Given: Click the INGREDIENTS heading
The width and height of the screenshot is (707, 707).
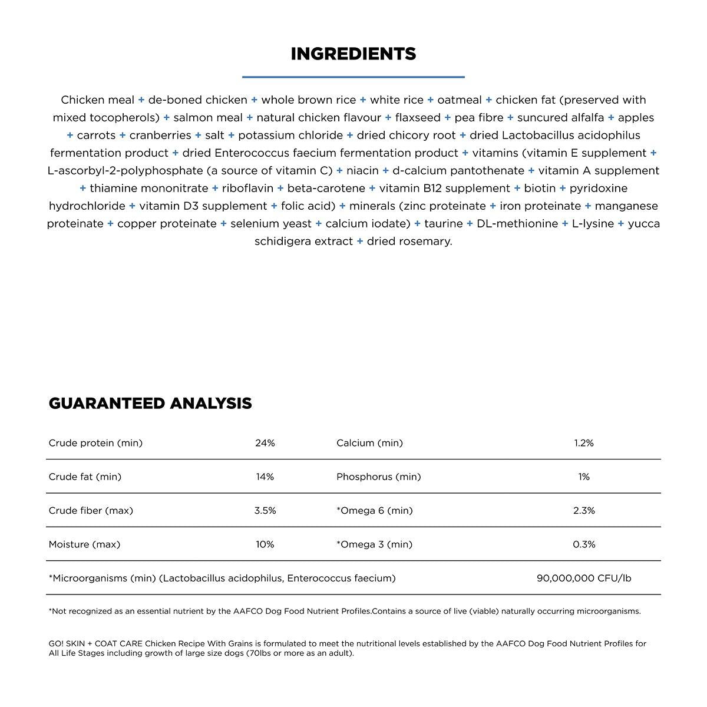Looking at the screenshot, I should [353, 54].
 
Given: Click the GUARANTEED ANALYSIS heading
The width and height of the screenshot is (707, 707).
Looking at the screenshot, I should [150, 404].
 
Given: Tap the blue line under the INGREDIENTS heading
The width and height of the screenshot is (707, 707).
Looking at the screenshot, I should [353, 77].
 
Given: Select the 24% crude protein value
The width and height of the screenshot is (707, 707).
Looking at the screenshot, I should [265, 443].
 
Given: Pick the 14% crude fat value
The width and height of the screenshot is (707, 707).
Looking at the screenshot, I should [265, 477].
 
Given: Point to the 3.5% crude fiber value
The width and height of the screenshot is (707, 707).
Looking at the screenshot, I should [265, 511].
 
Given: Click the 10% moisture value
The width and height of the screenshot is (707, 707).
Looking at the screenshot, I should [265, 544].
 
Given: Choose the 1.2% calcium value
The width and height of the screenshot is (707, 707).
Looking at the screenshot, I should [584, 443].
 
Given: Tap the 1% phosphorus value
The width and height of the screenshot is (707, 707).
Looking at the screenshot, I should [584, 477].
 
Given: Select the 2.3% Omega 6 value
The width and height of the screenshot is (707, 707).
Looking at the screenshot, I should [584, 511].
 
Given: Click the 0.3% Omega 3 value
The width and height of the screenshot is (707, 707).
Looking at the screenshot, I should [584, 544].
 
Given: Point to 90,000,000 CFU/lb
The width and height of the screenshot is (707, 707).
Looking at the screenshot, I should [584, 579].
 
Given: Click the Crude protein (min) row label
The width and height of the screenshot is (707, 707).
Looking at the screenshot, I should [95, 443].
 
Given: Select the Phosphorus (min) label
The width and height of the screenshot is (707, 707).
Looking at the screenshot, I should [378, 477].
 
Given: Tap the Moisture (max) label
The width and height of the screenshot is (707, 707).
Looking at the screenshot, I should [84, 544].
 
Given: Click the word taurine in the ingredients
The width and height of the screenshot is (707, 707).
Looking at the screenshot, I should [443, 224].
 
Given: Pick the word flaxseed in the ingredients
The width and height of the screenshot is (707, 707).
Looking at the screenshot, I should [418, 118].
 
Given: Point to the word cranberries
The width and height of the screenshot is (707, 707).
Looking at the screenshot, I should [160, 136].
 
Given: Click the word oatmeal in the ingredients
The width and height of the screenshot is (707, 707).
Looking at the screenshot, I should [460, 100].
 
